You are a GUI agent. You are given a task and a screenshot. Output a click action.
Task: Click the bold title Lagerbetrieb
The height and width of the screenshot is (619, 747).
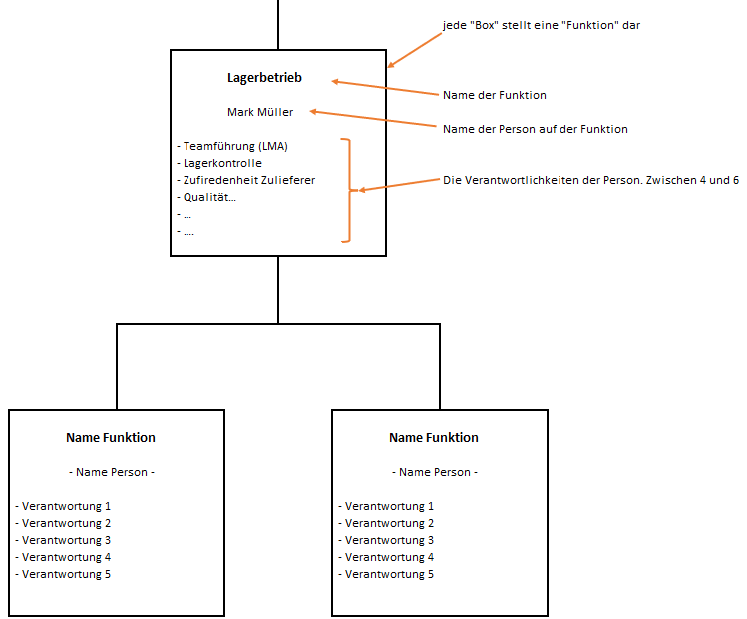coord(263,78)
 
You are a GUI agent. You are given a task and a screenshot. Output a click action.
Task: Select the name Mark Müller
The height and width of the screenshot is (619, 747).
coord(260,112)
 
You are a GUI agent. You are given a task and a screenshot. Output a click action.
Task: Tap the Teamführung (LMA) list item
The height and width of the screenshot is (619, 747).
coord(231,146)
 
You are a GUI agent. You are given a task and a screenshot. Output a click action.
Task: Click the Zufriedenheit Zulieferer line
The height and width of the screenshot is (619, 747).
coord(245,180)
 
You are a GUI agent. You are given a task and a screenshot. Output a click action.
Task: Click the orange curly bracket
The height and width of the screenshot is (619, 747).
coord(348,190)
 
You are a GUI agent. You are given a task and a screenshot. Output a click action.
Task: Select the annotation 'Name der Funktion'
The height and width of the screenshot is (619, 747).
coord(494,95)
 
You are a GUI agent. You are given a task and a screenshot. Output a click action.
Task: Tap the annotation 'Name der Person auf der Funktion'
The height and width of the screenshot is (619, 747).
coord(535,129)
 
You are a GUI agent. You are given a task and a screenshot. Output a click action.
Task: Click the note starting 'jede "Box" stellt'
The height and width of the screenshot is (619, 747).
coord(541,25)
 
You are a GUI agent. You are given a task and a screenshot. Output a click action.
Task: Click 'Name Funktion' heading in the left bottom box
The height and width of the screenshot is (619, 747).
coord(111,437)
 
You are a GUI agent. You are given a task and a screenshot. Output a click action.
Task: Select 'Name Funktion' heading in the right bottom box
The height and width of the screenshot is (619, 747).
coord(434,437)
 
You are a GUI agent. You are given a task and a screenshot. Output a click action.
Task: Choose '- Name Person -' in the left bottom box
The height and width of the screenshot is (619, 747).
coord(111,472)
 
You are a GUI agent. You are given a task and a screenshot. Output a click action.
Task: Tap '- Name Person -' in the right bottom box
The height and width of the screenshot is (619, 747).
coord(434,472)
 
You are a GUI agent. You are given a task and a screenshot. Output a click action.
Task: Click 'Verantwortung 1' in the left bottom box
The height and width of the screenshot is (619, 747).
coord(63,506)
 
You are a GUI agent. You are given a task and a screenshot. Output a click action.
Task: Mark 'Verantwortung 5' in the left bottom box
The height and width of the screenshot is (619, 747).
coord(63,574)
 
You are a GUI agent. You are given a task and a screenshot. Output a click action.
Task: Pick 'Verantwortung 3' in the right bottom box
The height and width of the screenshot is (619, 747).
coord(386,540)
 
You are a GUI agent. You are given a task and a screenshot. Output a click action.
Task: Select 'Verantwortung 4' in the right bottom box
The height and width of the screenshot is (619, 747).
coord(386,557)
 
